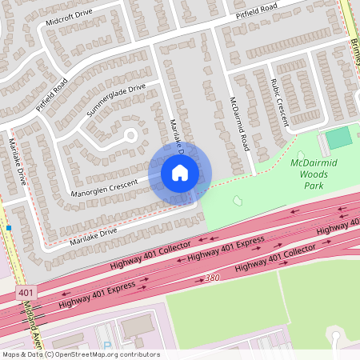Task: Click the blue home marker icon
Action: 179,173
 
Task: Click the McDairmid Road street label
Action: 236,125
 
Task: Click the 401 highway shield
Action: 26,294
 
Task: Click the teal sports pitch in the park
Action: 339,138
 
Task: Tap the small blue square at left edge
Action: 9,228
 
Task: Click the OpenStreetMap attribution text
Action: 81,354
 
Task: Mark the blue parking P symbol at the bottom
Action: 107,346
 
